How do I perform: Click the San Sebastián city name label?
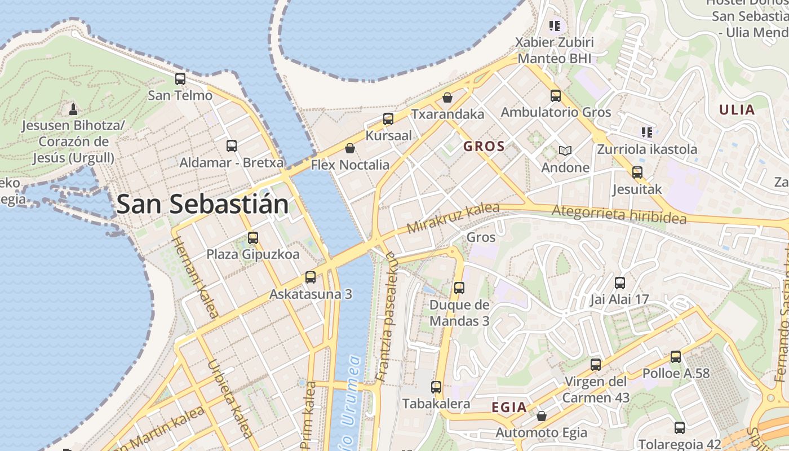[202, 204]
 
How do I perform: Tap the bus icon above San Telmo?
[180, 79]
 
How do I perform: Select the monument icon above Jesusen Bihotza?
[73, 108]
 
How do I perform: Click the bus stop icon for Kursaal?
[388, 119]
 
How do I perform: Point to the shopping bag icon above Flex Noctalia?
[350, 148]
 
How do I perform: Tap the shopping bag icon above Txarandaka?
[447, 98]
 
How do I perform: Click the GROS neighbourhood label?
[484, 147]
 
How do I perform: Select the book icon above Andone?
[565, 151]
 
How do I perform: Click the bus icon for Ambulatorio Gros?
[556, 96]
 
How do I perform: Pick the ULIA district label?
[737, 110]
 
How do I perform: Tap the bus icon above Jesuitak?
[637, 173]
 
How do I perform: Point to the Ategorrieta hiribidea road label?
[620, 214]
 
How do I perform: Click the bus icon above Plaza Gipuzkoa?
[253, 238]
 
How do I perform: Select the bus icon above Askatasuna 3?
[311, 277]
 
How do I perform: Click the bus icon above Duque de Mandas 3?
[459, 288]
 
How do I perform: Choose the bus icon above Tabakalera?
[436, 387]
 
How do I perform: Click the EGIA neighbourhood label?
[509, 407]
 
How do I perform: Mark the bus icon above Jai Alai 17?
[620, 283]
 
